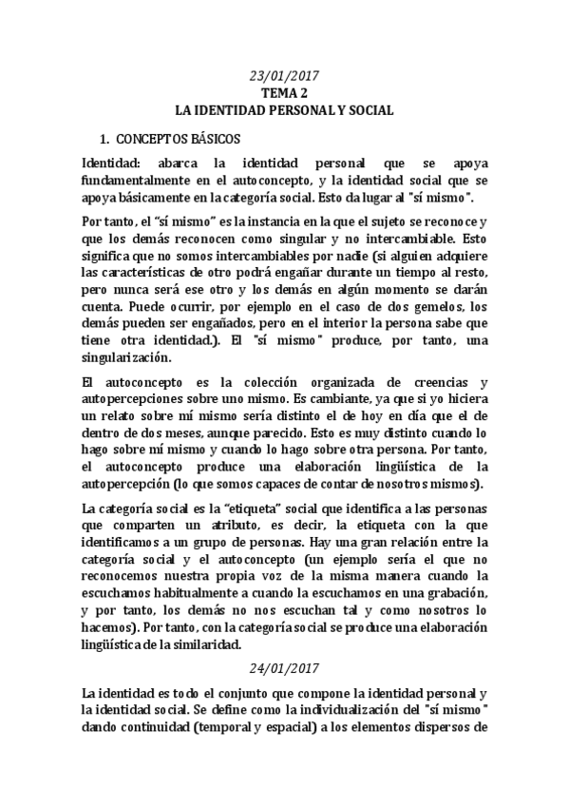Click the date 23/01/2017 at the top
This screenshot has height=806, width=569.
pyautogui.click(x=285, y=76)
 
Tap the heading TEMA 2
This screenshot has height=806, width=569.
pyautogui.click(x=285, y=93)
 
